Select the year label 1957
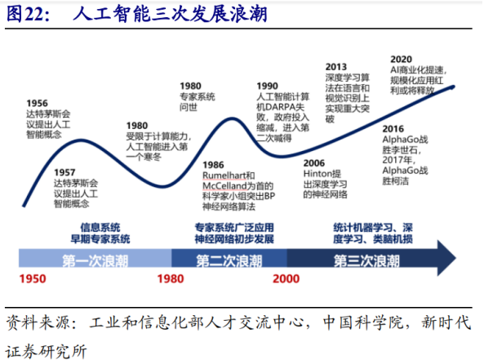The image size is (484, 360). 65,171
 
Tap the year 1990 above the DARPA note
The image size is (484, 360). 267,85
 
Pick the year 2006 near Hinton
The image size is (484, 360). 314,163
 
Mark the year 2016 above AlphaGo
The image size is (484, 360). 394,128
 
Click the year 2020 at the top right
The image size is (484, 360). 401,59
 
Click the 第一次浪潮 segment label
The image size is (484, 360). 94,260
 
